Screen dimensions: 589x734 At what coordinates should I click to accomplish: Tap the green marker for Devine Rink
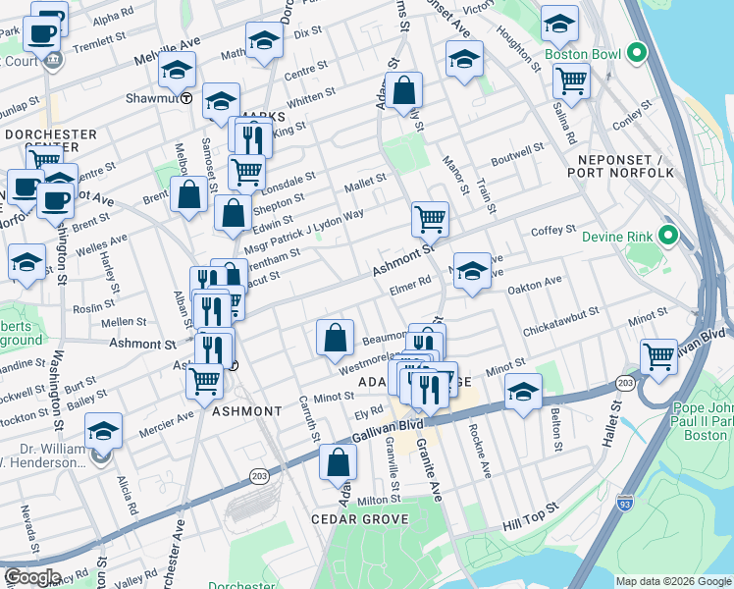(x=667, y=236)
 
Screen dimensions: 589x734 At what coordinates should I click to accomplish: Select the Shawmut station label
(x=151, y=98)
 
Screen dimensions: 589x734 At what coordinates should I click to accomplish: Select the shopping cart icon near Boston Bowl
(x=570, y=81)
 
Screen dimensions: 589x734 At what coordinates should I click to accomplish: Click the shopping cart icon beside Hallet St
(x=658, y=357)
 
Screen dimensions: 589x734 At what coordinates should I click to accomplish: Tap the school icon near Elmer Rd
(x=472, y=271)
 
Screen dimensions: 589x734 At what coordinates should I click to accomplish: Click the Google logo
(x=32, y=576)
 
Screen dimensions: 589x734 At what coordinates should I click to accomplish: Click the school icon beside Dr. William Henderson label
(x=103, y=432)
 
